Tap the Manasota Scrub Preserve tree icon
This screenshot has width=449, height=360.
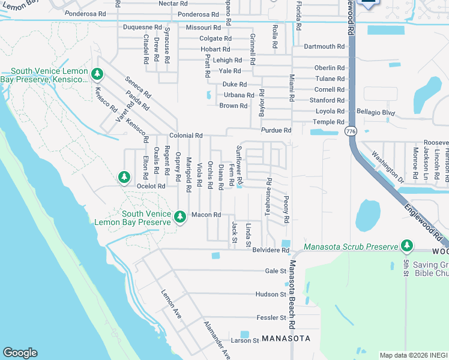pyautogui.click(x=407, y=245)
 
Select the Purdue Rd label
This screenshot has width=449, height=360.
pyautogui.click(x=276, y=130)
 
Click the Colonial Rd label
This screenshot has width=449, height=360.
pyautogui.click(x=185, y=136)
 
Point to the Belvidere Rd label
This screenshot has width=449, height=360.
pyautogui.click(x=271, y=250)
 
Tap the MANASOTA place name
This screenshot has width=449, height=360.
pyautogui.click(x=286, y=338)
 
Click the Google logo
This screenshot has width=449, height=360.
pyautogui.click(x=20, y=353)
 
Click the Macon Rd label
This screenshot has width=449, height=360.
pyautogui.click(x=206, y=215)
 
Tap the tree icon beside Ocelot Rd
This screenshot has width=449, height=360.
pyautogui.click(x=124, y=177)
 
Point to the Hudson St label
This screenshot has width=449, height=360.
pyautogui.click(x=271, y=295)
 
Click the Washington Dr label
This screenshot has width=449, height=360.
pyautogui.click(x=387, y=166)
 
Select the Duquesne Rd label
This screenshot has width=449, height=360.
pyautogui.click(x=142, y=28)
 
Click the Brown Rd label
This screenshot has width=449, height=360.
pyautogui.click(x=233, y=106)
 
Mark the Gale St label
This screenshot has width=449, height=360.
pyautogui.click(x=276, y=271)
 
